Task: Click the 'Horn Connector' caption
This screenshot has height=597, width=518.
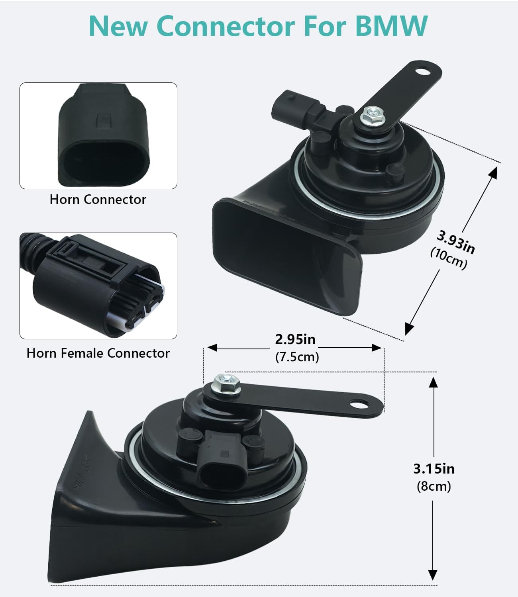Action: pyautogui.click(x=98, y=200)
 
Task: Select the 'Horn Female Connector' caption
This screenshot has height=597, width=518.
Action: pyautogui.click(x=98, y=353)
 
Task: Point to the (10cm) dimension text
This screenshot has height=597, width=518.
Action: pyautogui.click(x=448, y=259)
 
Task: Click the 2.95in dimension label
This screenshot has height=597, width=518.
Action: pyautogui.click(x=295, y=339)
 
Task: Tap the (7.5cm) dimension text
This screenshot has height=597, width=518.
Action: pyautogui.click(x=297, y=357)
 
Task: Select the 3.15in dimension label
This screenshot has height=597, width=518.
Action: pyautogui.click(x=434, y=469)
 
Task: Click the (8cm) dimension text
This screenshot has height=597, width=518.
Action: pyautogui.click(x=434, y=486)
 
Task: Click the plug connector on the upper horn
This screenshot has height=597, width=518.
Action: pyautogui.click(x=295, y=106)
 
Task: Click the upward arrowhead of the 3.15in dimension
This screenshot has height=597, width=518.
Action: pyautogui.click(x=433, y=383)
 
